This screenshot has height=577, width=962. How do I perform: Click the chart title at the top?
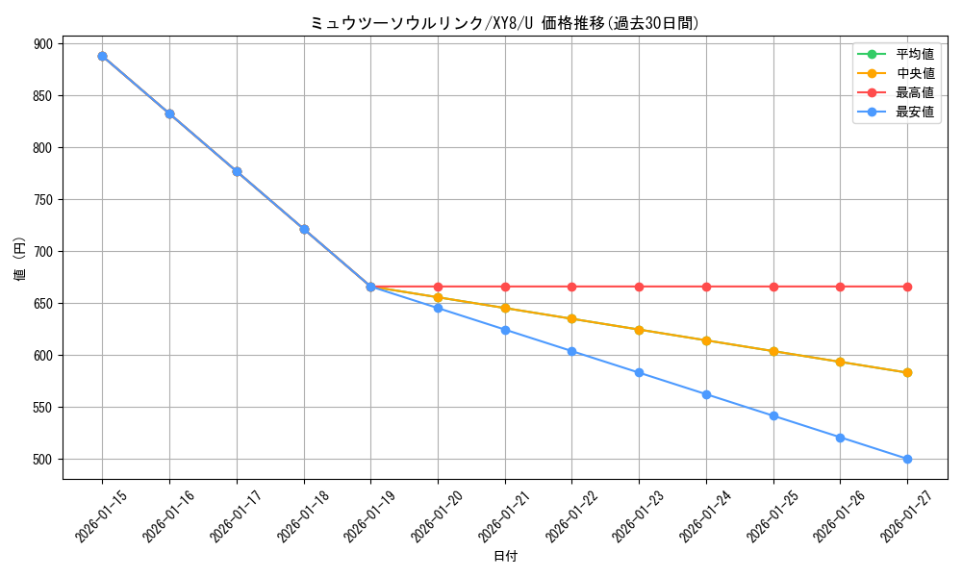click(504, 23)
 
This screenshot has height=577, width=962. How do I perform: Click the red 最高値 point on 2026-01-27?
click(907, 287)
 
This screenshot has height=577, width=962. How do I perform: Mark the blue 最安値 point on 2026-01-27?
click(907, 459)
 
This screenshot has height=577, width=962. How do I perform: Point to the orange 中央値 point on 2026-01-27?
click(907, 372)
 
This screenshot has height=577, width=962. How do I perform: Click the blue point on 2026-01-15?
click(102, 56)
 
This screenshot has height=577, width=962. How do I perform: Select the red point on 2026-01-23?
click(639, 287)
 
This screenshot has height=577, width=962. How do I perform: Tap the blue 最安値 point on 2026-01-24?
click(706, 394)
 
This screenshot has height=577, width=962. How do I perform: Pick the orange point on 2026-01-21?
click(505, 308)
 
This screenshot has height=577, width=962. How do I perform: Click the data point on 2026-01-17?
click(237, 171)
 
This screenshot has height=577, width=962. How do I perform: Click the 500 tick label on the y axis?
click(43, 460)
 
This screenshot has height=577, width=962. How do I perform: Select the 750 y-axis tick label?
click(43, 200)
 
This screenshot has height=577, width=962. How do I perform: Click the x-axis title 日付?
click(505, 557)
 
